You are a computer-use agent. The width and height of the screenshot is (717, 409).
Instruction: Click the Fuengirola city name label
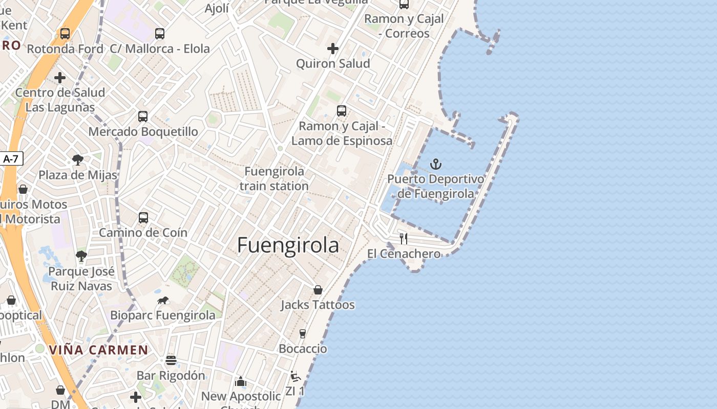coord(288,246)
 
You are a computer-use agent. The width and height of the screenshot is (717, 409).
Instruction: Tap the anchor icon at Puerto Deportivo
coord(435,164)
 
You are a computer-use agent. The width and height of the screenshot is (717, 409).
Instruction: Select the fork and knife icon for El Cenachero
coord(404,238)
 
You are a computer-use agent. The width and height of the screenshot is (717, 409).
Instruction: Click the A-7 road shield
coord(11,158)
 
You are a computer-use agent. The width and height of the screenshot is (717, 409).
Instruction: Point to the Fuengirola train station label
coord(274,178)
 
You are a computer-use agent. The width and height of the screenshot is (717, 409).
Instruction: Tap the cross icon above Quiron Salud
coord(333,49)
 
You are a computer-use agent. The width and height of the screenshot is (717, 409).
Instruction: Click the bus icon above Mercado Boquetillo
coord(143,116)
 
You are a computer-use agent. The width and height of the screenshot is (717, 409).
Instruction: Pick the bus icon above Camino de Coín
coord(143,218)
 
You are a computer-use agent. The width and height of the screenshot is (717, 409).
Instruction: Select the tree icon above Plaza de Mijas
coord(78,160)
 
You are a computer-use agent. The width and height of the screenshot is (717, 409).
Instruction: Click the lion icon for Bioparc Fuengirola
coord(163,300)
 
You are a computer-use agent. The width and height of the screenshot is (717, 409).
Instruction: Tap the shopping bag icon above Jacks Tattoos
coord(318,290)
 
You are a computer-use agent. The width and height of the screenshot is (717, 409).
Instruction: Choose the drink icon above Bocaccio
coord(303,334)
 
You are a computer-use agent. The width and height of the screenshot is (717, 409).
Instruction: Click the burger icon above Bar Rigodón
coord(171,360)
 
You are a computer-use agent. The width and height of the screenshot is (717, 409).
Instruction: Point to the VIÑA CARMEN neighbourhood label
coord(98,350)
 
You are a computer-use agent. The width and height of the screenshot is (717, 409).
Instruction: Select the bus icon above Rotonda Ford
coord(65,34)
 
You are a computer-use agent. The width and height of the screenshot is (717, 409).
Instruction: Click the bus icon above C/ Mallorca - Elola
coord(160,34)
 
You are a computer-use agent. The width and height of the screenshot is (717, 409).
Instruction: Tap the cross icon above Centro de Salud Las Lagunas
coord(60,78)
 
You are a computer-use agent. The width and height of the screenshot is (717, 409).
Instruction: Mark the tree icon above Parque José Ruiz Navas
coord(81,256)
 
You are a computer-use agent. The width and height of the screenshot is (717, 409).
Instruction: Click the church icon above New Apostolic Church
coord(241,381)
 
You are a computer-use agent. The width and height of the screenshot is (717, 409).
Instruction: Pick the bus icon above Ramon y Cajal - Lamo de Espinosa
coord(342,110)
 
